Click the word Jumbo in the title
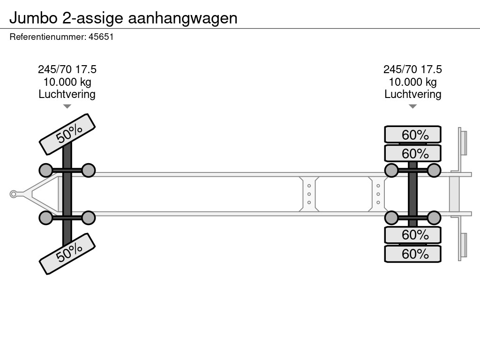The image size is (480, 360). pyautogui.click(x=33, y=18)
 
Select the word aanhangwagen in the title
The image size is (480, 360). pyautogui.click(x=182, y=19)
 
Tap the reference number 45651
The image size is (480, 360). pyautogui.click(x=101, y=37)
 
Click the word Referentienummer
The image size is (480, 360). pyautogui.click(x=47, y=37)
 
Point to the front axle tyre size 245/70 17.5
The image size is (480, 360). pyautogui.click(x=67, y=69)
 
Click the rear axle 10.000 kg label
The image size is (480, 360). pyautogui.click(x=412, y=82)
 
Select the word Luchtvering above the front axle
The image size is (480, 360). pyautogui.click(x=67, y=94)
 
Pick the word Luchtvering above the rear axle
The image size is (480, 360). pyautogui.click(x=412, y=94)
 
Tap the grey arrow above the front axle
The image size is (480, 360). pyautogui.click(x=67, y=106)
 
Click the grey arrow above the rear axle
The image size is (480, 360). pyautogui.click(x=412, y=106)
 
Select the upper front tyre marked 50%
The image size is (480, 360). pyautogui.click(x=67, y=135)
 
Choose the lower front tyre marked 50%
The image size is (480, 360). pyautogui.click(x=67, y=254)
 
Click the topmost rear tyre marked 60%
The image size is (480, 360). pyautogui.click(x=412, y=135)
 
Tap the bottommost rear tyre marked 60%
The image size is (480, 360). pyautogui.click(x=412, y=254)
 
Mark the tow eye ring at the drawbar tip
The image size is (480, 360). pyautogui.click(x=13, y=194)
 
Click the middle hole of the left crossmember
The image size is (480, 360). pyautogui.click(x=309, y=194)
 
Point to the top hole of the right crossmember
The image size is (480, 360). pyautogui.click(x=378, y=186)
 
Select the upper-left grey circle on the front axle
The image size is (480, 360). pyautogui.click(x=46, y=171)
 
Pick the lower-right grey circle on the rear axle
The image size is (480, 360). pyautogui.click(x=434, y=218)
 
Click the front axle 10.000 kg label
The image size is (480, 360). pyautogui.click(x=67, y=82)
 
